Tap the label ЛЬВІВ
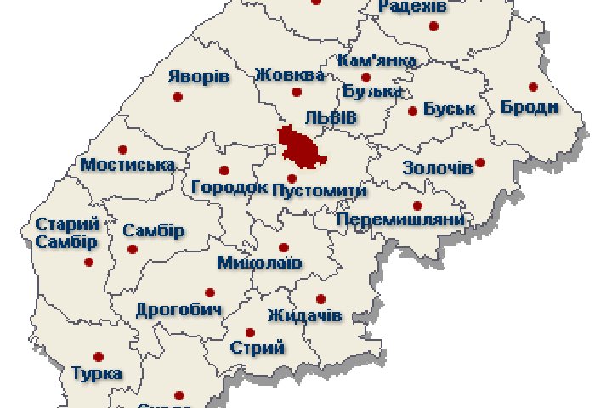(x=331, y=117)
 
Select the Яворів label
(x=199, y=76)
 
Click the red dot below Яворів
(x=178, y=97)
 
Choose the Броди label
(x=530, y=107)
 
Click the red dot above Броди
(x=534, y=87)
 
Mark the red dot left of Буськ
(x=413, y=110)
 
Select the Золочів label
(x=438, y=167)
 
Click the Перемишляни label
(x=400, y=220)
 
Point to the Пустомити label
(x=312, y=192)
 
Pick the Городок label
(x=230, y=186)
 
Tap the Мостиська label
(x=127, y=165)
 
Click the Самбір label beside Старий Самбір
(x=154, y=230)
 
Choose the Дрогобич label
(x=178, y=309)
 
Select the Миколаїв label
(x=259, y=263)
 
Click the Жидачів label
(x=304, y=316)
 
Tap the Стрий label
(x=258, y=347)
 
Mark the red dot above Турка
(x=99, y=357)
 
